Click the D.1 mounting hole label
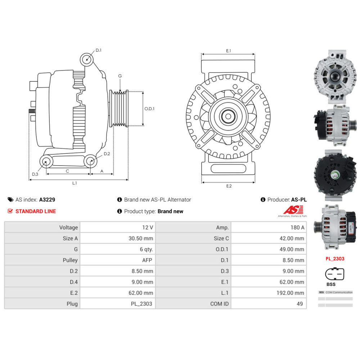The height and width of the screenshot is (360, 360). pos(98,50)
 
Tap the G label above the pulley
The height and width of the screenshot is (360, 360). pos(120,76)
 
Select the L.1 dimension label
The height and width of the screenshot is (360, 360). pos(75,183)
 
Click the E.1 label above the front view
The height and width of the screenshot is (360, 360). pos(228,51)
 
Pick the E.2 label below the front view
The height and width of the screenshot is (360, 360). pos(229,186)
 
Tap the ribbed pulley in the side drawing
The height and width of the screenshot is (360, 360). pos(119,108)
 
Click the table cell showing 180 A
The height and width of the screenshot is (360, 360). pos(297,228)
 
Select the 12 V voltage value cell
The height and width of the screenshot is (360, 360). pos(148,228)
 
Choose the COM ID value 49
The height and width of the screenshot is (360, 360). pos(300,304)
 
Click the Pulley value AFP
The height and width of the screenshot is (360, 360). pos(147,260)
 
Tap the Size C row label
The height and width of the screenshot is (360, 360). pos(221,238)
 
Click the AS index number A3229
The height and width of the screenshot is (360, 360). pos(47,199)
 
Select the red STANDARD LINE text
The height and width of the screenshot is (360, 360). pos(36,211)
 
